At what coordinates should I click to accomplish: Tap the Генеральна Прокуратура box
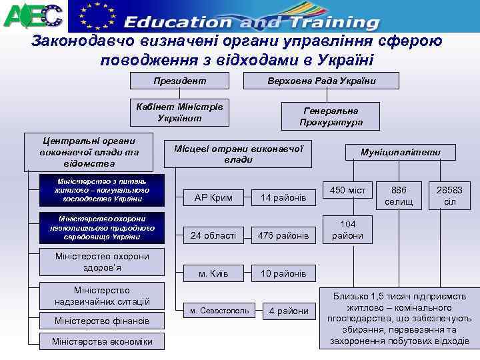pos(331,117)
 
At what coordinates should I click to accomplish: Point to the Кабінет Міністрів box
pos(179,112)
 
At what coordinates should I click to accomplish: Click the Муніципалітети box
pos(401,153)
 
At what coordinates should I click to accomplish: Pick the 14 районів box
pos(283,197)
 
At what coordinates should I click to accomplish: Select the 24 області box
pos(213,235)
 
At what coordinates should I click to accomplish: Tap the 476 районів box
pos(283,235)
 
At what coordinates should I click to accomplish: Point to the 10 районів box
pos(283,273)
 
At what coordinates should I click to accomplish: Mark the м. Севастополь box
pos(218,311)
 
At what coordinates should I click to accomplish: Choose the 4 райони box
pos(289,311)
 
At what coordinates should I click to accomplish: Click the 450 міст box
pos(347,191)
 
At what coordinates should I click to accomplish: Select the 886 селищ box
pos(399,195)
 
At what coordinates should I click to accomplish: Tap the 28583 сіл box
pos(450,195)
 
